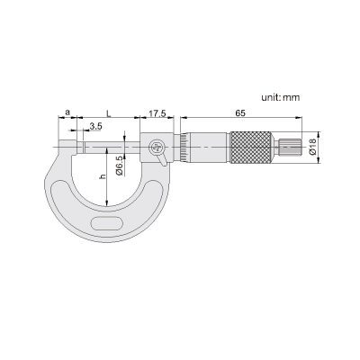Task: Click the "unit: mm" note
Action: click(x=280, y=97)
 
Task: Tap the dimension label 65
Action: click(x=240, y=113)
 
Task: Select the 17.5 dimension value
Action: click(x=157, y=113)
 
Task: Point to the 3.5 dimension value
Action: click(x=95, y=126)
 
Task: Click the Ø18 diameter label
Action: click(x=312, y=147)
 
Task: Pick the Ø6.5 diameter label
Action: click(x=119, y=166)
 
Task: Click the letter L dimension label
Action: click(x=109, y=113)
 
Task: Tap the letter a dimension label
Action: click(x=67, y=112)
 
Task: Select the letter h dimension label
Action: click(x=103, y=177)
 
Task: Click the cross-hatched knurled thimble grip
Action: click(x=251, y=148)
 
